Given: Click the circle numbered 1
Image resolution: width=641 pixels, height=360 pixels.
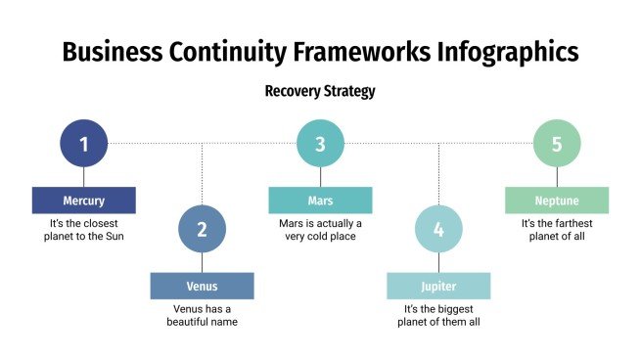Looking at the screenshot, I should point(84,144).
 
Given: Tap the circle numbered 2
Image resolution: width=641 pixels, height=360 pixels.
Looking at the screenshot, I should point(203,230).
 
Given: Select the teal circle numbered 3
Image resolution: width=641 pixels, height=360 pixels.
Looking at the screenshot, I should point(320,144).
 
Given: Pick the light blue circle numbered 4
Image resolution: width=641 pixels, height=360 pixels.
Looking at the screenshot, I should point(438,230).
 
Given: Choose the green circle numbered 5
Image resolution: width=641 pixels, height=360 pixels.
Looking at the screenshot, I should point(557,144).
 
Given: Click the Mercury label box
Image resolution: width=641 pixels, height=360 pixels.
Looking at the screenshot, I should point(83,201).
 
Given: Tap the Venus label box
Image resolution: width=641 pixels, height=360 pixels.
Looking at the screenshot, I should point(202,287).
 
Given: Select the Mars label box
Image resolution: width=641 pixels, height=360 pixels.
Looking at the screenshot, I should point(320,201).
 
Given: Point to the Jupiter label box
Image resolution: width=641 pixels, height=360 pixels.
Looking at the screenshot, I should point(438,287).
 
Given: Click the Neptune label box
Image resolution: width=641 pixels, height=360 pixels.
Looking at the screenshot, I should point(557,201).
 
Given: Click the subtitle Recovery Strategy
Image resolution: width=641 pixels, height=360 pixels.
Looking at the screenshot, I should point(320,91).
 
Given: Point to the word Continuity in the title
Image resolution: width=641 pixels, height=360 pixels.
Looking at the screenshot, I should point(217,51).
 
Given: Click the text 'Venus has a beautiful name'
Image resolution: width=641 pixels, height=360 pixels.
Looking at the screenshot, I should point(202,315).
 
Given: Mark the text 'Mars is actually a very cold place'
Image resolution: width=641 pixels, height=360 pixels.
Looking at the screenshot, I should point(320,230).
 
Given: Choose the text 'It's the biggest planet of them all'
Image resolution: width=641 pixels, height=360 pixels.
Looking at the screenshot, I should point(438,315).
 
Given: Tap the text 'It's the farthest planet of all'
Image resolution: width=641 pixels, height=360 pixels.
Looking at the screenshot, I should point(557,230).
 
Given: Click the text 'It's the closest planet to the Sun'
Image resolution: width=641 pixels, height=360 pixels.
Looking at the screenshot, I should point(83,230).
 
